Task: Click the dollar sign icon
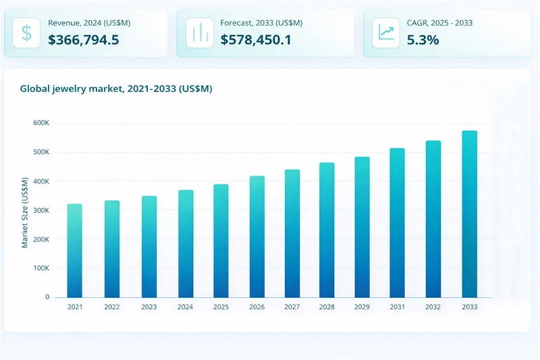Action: pyautogui.click(x=26, y=33)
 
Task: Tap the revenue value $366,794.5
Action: pyautogui.click(x=84, y=40)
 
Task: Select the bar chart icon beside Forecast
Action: pyautogui.click(x=199, y=33)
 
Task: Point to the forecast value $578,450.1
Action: pyautogui.click(x=256, y=40)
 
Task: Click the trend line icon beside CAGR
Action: pyautogui.click(x=386, y=33)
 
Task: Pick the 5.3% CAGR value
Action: pyautogui.click(x=423, y=40)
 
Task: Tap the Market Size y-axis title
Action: pyautogui.click(x=25, y=212)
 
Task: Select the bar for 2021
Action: pyautogui.click(x=74, y=251)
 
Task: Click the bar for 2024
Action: pyautogui.click(x=186, y=244)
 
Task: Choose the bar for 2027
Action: pyautogui.click(x=292, y=234)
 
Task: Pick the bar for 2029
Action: pyautogui.click(x=362, y=227)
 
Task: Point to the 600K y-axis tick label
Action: pyautogui.click(x=41, y=123)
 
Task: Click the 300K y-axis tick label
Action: pyautogui.click(x=41, y=211)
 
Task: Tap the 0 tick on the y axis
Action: pyautogui.click(x=47, y=297)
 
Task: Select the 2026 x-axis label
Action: pyautogui.click(x=257, y=307)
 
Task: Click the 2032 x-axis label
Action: pyautogui.click(x=433, y=307)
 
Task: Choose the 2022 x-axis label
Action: pyautogui.click(x=112, y=307)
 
